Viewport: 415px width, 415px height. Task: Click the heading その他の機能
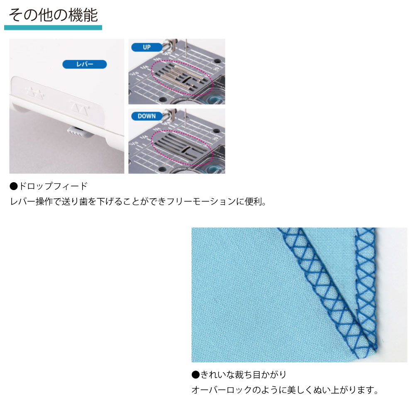click(54, 15)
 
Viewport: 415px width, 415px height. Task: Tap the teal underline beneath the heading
click(53, 27)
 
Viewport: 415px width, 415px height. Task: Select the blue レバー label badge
click(85, 64)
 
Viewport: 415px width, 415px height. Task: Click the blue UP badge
click(146, 47)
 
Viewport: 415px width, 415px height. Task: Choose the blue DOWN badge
click(146, 116)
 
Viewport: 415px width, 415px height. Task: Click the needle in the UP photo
click(186, 49)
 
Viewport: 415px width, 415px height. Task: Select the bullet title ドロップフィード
click(53, 186)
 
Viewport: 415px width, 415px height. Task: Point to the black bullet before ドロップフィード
click(14, 186)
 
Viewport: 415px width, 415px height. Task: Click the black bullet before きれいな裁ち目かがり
click(195, 375)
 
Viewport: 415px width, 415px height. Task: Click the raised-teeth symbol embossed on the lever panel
click(35, 93)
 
